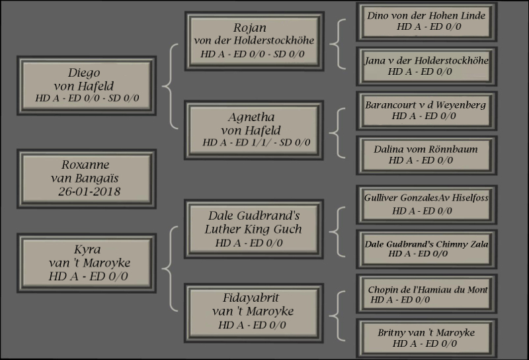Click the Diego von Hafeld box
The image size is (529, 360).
coord(87,85)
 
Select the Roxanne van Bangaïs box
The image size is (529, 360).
coord(87,178)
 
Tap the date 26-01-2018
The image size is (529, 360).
coord(89,192)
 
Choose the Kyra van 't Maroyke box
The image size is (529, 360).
coord(87,263)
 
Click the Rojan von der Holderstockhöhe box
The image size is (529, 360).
coord(255,40)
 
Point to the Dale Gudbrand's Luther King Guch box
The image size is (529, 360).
coord(255,229)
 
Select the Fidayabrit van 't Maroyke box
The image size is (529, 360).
coord(255,312)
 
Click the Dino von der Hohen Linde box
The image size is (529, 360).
coord(427,21)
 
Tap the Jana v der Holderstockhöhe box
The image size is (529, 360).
coord(427,66)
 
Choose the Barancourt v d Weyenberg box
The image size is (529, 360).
coord(427,110)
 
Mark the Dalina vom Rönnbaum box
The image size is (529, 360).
coord(427,154)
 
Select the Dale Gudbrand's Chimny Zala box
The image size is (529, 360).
coord(427,248)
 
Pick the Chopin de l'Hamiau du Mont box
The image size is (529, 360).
coord(427,294)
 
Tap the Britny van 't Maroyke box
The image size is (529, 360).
coord(427,337)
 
